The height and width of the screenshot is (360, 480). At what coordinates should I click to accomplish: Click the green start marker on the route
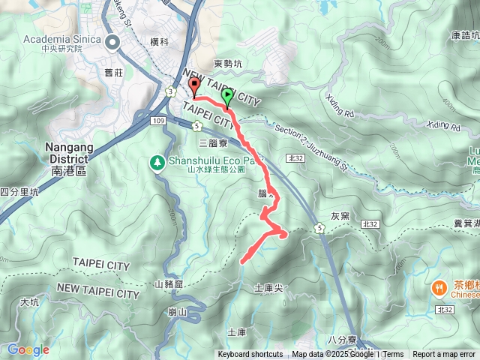point(226,96)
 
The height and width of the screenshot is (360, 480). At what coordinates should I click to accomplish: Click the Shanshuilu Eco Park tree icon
point(157,162)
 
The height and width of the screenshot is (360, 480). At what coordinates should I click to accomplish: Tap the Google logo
point(28,349)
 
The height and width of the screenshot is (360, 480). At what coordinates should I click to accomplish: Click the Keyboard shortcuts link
point(250,355)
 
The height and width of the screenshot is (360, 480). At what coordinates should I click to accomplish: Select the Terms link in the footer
point(393,355)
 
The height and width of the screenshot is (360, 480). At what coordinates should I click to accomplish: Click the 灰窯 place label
point(340,215)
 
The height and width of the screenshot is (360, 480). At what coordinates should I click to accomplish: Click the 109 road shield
point(157,121)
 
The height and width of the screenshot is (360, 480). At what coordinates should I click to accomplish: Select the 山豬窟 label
point(169,284)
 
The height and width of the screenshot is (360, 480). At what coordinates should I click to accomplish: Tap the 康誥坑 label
point(465,34)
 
